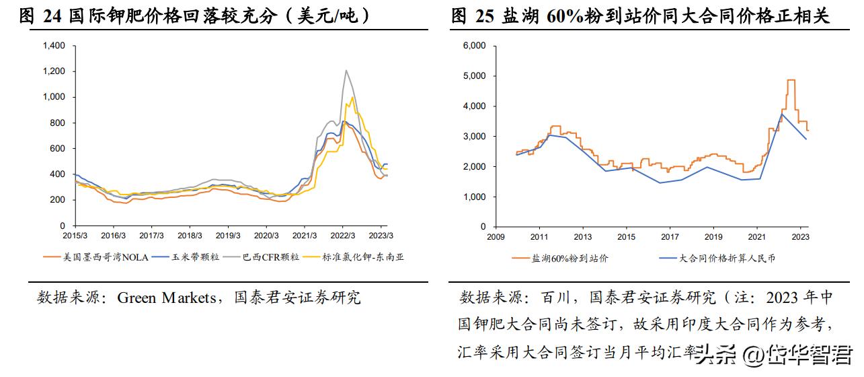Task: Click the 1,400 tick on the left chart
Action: click(54, 46)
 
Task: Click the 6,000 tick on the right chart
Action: click(475, 46)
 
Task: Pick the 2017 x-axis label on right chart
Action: click(670, 237)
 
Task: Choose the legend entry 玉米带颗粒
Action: click(188, 256)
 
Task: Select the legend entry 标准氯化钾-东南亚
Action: click(363, 256)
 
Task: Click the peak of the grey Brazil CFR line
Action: click(346, 70)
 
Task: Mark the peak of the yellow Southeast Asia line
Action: click(352, 98)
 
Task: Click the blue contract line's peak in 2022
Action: click(782, 114)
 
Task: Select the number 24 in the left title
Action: click(52, 17)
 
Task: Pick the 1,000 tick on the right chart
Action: click(475, 197)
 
